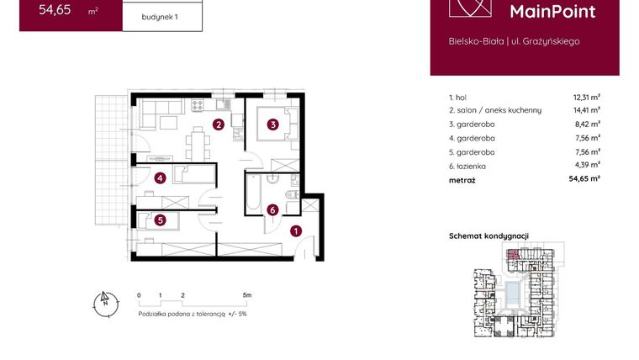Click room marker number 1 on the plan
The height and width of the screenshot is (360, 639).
pos(295,230)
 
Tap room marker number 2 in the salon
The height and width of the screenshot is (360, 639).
pos(218,126)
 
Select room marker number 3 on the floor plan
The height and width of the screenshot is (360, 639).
pos(272,126)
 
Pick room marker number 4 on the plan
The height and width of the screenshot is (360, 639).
pos(160,177)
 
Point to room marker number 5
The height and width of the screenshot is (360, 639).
pos(160,220)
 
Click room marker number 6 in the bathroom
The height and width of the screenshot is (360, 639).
pos(272,210)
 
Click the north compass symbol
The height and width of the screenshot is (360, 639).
pos(104,302)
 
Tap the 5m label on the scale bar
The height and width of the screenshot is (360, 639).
pos(246,296)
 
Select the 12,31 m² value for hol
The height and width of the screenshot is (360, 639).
pos(586,97)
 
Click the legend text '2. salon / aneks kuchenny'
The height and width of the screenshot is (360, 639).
pos(495,110)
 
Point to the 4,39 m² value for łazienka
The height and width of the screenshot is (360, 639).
pos(586,166)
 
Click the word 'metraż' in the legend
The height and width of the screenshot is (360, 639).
pos(462,179)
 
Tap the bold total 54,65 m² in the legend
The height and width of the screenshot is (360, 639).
pos(584,179)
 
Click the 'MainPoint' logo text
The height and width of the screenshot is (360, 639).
pos(552,12)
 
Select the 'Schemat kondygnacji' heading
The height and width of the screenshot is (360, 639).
pos(488,237)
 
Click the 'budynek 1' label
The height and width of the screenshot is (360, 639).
pos(162,17)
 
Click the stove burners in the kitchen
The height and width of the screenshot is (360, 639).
pos(198,106)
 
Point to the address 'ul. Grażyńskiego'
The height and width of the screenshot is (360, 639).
pos(545,40)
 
